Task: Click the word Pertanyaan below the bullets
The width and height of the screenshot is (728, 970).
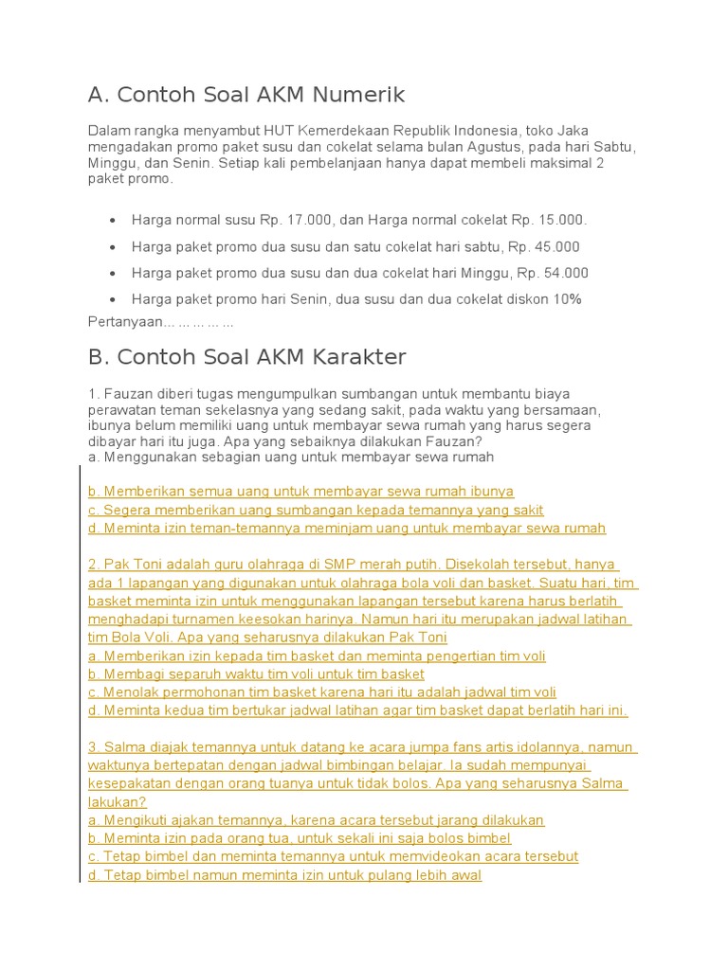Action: point(125,322)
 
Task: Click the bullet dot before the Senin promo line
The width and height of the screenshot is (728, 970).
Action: point(113,300)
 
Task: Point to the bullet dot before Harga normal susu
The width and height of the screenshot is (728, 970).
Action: point(113,221)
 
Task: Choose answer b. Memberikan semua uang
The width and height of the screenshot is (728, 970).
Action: point(300,492)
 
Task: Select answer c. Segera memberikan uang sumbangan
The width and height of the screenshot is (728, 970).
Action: point(316,510)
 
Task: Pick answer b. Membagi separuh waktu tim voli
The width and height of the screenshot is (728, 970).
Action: point(256,674)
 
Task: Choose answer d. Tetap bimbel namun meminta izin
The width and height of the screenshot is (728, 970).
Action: point(284,875)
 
